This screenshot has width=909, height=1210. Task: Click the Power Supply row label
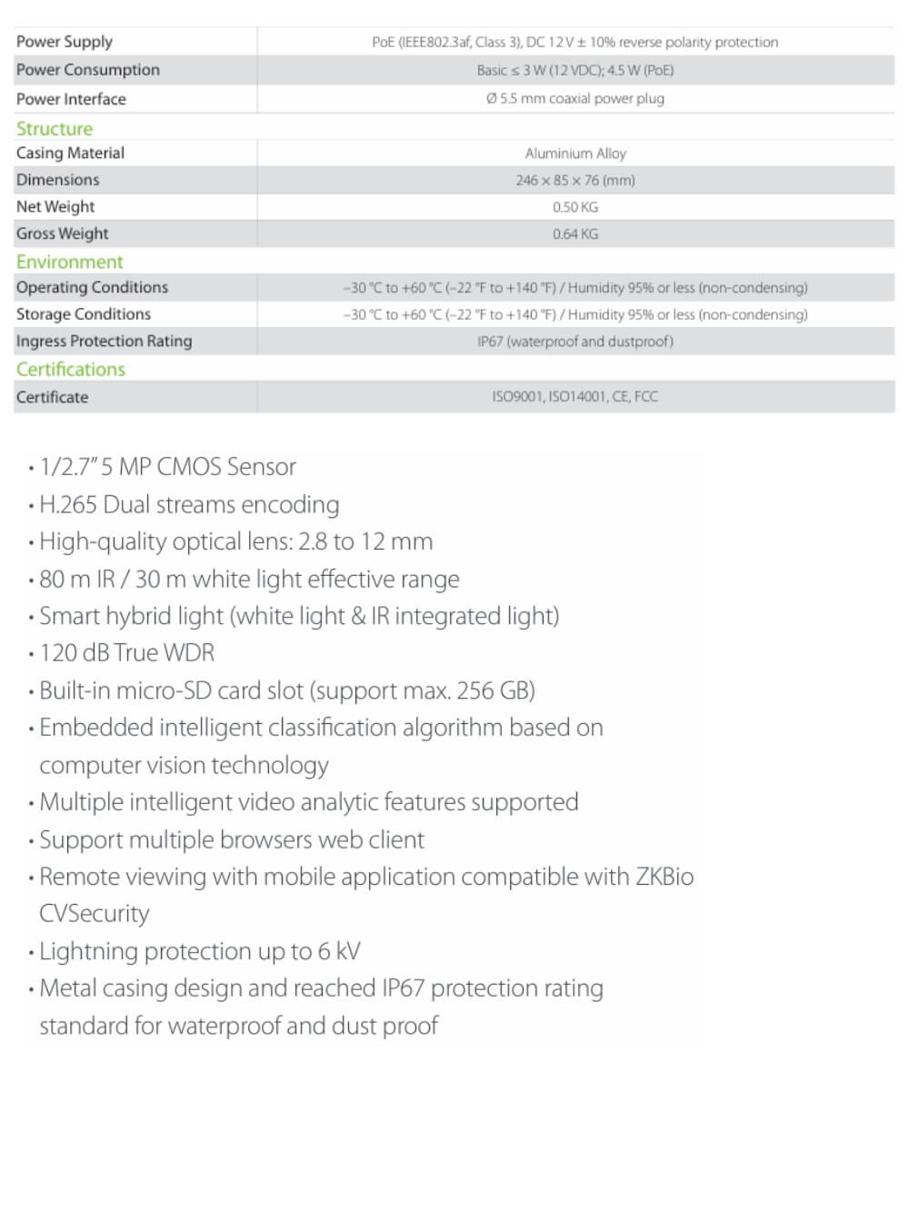(x=65, y=42)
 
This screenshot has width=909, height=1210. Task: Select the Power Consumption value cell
(x=574, y=70)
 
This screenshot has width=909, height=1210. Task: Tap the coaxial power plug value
(x=574, y=98)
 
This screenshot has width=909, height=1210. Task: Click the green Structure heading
(x=55, y=128)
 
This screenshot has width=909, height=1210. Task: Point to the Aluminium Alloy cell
(x=575, y=154)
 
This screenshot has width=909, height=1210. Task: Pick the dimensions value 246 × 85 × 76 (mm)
(x=574, y=180)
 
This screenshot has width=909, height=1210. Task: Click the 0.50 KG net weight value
(x=574, y=207)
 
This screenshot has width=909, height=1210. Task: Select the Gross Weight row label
(x=62, y=233)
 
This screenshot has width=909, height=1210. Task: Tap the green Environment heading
(x=69, y=262)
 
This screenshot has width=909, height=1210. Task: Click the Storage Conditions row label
(x=84, y=314)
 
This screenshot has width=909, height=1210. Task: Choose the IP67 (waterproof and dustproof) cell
(x=574, y=342)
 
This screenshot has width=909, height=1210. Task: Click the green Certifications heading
(x=71, y=369)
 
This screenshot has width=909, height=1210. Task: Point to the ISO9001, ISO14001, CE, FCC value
(x=574, y=396)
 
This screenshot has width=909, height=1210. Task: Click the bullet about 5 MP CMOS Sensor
(x=168, y=467)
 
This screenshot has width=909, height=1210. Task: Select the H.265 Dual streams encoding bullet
(x=189, y=504)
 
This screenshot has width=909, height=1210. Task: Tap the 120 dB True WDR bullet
(x=127, y=653)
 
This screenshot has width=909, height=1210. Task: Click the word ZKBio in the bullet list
(x=664, y=877)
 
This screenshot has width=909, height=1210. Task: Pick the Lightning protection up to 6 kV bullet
(x=200, y=951)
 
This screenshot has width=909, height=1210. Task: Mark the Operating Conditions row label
(x=92, y=287)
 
